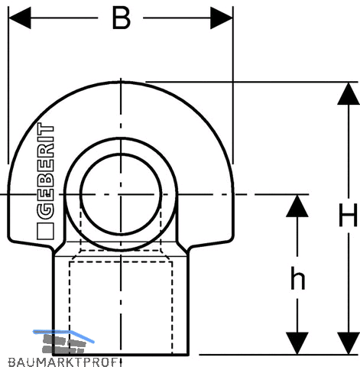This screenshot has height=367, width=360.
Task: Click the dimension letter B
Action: pyautogui.click(x=122, y=18)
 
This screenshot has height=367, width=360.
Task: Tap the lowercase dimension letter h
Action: pyautogui.click(x=297, y=278)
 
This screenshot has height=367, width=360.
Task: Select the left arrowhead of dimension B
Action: pyautogui.click(x=20, y=18)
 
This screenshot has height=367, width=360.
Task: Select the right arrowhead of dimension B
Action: pyautogui.click(x=222, y=18)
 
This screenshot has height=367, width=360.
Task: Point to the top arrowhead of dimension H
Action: pyautogui.click(x=349, y=93)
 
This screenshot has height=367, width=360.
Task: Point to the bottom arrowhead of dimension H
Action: pyautogui.click(x=349, y=343)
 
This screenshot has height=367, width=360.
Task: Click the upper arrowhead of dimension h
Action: pyautogui.click(x=297, y=206)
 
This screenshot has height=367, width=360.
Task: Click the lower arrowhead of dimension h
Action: pyautogui.click(x=297, y=343)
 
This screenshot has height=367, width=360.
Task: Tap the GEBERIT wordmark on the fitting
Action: pyautogui.click(x=46, y=171)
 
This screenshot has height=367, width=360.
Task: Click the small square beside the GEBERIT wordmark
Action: pyautogui.click(x=46, y=231)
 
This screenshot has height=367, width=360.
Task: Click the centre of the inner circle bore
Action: pyautogui.click(x=121, y=194)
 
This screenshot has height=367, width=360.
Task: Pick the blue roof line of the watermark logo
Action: pyautogui.click(x=63, y=335)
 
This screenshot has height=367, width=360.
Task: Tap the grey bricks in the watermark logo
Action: pyautogui.click(x=63, y=343)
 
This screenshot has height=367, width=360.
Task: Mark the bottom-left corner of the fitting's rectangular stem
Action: pyautogui.click(x=53, y=355)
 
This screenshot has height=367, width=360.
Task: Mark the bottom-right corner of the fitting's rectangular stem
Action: pyautogui.click(x=188, y=355)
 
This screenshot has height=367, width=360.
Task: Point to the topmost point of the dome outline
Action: pyautogui.click(x=121, y=82)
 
